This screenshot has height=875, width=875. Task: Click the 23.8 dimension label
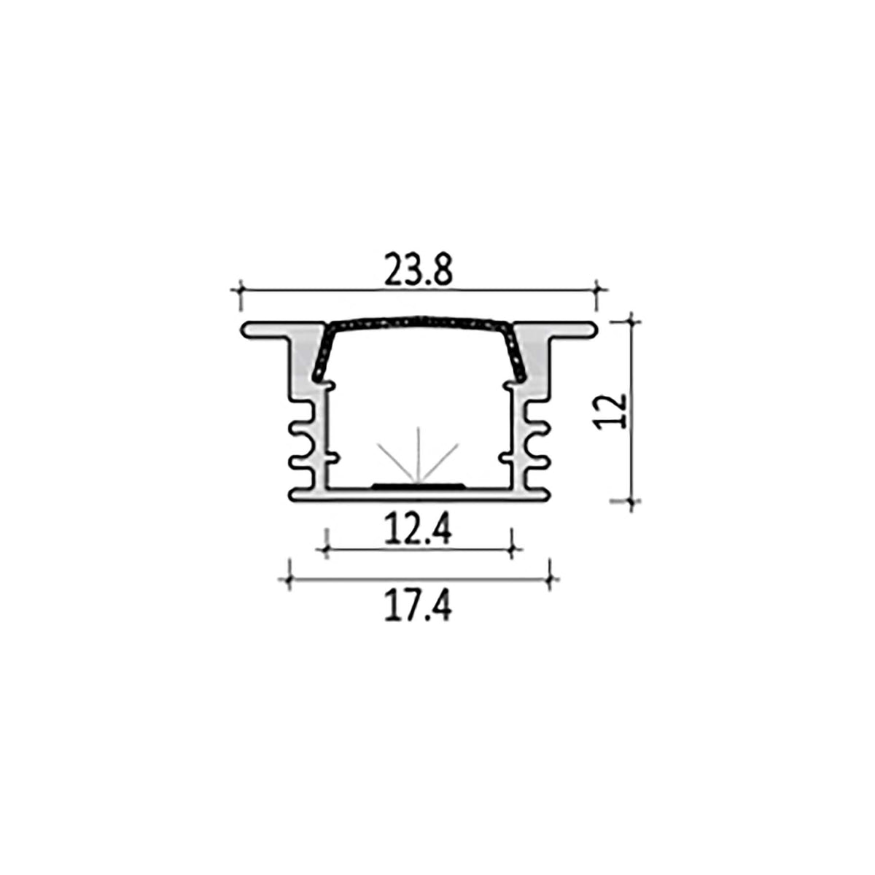tap(419, 270)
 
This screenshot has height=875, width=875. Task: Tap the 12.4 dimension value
tap(419, 530)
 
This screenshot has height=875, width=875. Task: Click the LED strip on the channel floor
tap(419, 483)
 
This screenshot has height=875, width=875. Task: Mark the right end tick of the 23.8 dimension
tap(597, 289)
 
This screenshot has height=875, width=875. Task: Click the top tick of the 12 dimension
tap(631, 320)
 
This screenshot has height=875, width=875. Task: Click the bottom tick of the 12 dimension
tap(631, 501)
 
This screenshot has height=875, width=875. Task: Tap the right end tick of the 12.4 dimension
tap(513, 549)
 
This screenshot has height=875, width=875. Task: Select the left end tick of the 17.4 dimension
tap(289, 580)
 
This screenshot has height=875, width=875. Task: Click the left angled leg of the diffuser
tap(322, 354)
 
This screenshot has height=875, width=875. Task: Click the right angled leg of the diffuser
tap(516, 354)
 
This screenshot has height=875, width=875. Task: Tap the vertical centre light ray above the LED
tap(419, 452)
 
